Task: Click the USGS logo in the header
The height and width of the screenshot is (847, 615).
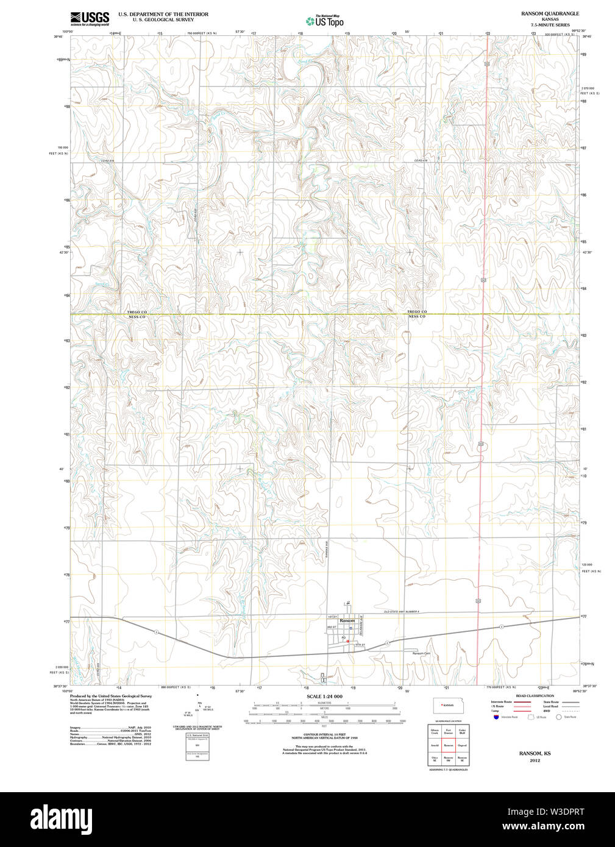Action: click(x=90, y=18)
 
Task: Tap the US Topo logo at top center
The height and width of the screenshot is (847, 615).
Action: click(x=325, y=21)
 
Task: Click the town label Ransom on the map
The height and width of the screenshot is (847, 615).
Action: click(x=347, y=620)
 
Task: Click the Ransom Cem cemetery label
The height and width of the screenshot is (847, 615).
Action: click(x=421, y=653)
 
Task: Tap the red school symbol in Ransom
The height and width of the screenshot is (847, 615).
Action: click(x=347, y=641)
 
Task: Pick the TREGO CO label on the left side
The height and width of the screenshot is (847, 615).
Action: click(x=137, y=312)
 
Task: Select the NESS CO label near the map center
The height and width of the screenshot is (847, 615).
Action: click(x=417, y=317)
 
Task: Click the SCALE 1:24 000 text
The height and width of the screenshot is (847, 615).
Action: click(x=324, y=696)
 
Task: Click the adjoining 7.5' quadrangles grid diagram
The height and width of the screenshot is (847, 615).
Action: click(x=448, y=745)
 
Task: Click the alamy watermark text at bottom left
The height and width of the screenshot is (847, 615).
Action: click(x=65, y=818)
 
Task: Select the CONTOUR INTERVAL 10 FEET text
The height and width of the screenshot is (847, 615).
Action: click(x=324, y=735)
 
